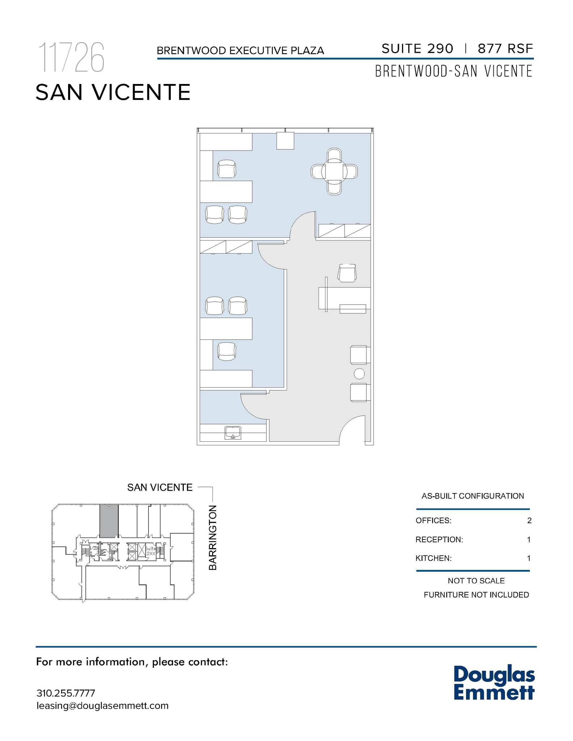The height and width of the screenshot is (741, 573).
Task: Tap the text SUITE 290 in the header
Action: tap(417, 48)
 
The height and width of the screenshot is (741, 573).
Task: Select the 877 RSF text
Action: tap(505, 48)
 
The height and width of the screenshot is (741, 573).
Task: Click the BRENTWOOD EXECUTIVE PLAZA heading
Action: tap(240, 51)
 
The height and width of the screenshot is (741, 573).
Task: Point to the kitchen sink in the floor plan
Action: tap(233, 432)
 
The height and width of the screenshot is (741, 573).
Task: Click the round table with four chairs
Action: tap(334, 171)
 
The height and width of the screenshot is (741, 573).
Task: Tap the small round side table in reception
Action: tap(359, 373)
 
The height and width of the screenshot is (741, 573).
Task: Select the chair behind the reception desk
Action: tap(347, 273)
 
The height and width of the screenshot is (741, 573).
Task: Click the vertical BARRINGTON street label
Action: tap(213, 538)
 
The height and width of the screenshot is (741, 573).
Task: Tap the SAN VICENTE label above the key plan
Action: tap(160, 487)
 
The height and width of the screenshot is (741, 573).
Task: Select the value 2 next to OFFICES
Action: tap(529, 521)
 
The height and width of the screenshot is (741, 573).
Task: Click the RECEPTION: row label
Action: tap(439, 539)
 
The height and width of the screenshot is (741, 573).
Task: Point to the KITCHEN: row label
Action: tap(433, 558)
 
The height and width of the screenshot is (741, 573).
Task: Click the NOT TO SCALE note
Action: tap(476, 581)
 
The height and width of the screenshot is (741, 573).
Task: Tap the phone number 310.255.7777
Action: tap(66, 693)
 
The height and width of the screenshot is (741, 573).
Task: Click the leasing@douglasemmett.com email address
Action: tap(102, 706)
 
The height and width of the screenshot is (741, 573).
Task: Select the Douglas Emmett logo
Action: tap(494, 683)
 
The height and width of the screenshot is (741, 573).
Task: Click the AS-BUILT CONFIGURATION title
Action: tap(473, 496)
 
